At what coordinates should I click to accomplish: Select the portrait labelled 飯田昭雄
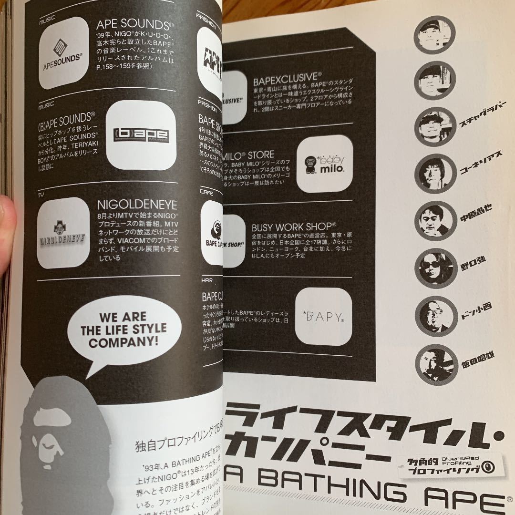(434, 363)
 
